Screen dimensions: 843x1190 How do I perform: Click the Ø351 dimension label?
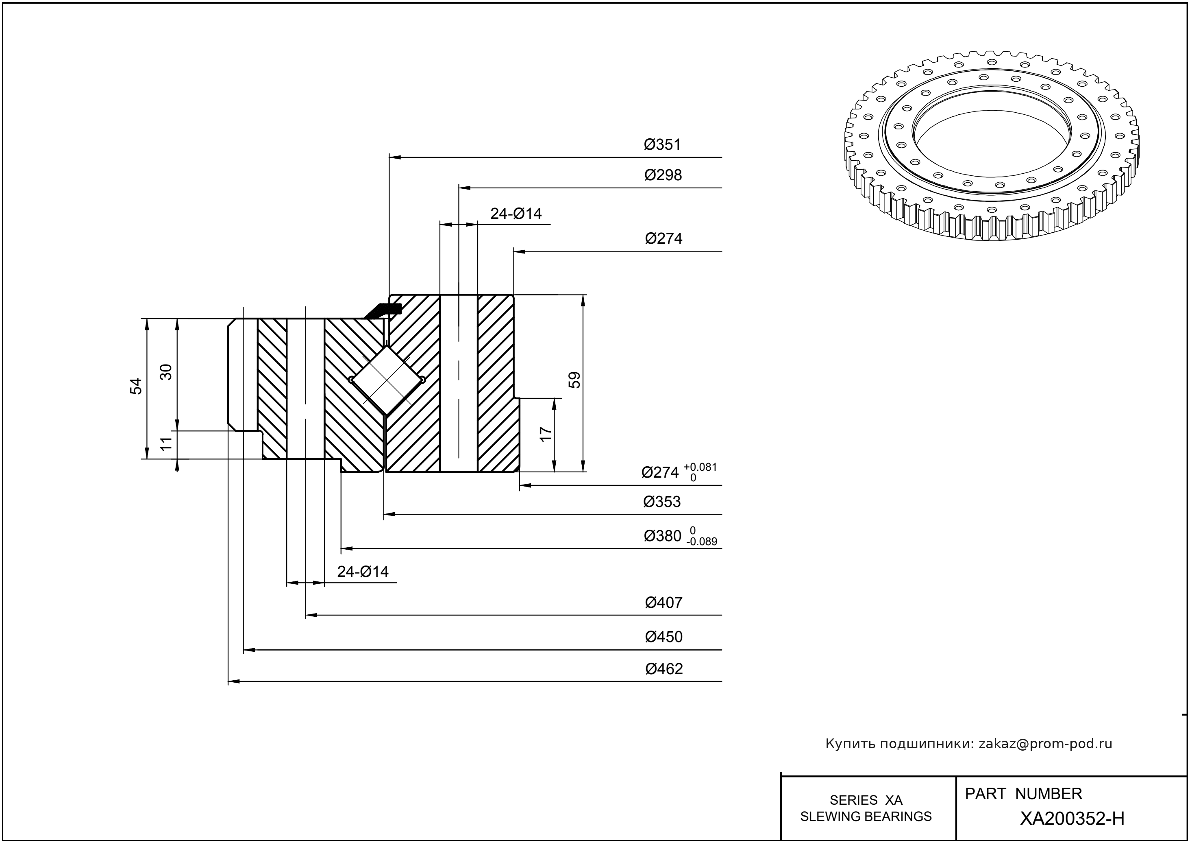point(662,145)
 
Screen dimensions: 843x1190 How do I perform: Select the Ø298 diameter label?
point(663,175)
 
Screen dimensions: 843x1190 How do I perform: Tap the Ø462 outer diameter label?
point(664,669)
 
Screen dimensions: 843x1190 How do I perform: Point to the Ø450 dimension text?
point(664,637)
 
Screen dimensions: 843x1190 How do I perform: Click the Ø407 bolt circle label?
point(664,603)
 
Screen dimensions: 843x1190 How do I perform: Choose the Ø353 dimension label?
point(662,502)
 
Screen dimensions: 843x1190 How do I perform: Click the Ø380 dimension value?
point(662,536)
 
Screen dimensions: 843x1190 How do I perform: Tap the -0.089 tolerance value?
point(701,542)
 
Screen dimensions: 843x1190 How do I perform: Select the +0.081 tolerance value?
point(701,467)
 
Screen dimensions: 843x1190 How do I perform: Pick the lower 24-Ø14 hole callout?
point(363,572)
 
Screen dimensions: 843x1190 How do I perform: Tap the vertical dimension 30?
point(166,372)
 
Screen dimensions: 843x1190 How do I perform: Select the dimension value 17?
point(546,434)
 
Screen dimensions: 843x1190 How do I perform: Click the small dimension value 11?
point(166,444)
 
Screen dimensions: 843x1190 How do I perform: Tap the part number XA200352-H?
point(1072,819)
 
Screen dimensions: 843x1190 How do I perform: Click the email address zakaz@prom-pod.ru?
point(1045,744)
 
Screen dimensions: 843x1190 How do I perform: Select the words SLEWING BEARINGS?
point(866,817)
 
